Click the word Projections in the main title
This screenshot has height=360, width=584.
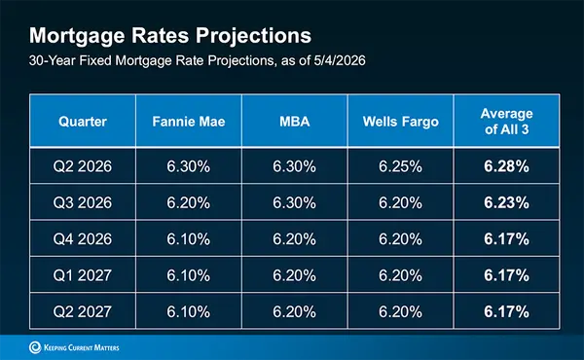253,36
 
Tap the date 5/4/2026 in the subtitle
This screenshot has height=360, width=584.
340,60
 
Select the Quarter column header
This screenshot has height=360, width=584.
83,122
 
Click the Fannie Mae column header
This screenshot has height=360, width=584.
189,122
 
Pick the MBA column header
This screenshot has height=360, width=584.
295,122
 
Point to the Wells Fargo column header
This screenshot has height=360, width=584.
401,122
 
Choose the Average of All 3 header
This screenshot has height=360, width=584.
506,122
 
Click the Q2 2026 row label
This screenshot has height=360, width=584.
83,166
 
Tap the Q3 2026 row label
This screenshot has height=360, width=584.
83,203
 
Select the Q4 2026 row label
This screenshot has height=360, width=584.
83,239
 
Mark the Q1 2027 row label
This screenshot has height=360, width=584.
83,275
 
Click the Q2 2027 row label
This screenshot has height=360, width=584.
83,312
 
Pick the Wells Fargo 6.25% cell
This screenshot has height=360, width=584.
400,166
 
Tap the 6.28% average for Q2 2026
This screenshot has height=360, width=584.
506,166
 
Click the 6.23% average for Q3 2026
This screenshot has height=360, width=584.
506,203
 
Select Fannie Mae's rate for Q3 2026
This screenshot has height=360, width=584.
189,203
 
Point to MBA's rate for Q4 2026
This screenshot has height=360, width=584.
294,239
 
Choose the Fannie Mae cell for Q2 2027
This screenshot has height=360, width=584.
189,312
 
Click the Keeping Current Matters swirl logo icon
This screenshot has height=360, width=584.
35,347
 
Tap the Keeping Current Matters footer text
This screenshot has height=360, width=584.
82,347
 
